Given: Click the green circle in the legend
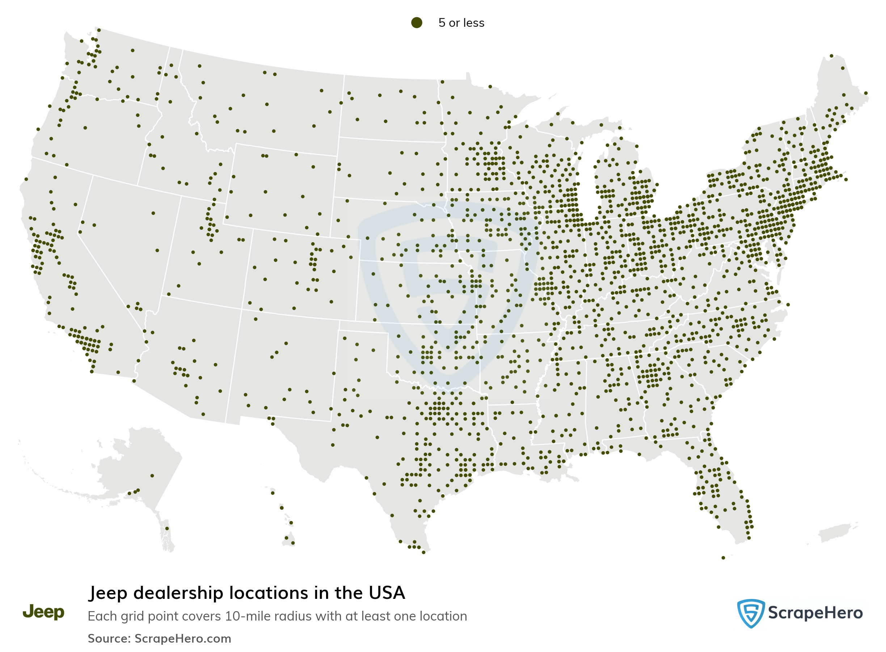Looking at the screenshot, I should [x=416, y=22].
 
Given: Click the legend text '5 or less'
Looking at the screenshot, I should [x=461, y=23].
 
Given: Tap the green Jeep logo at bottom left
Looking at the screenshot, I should [x=43, y=612].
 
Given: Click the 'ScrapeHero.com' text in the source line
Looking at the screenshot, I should [x=182, y=639].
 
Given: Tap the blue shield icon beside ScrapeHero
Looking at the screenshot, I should [x=750, y=613].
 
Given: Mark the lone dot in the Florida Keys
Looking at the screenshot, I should [x=723, y=558].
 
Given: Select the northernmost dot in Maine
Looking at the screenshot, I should [x=831, y=56].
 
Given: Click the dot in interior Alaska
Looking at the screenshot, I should [x=152, y=476].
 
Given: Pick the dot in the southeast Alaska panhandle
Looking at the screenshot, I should [x=167, y=528].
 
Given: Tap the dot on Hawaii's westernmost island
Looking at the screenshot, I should [x=273, y=493].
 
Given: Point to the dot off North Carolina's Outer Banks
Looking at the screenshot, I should [x=788, y=305].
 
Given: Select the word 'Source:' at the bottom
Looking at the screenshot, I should [x=109, y=639].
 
